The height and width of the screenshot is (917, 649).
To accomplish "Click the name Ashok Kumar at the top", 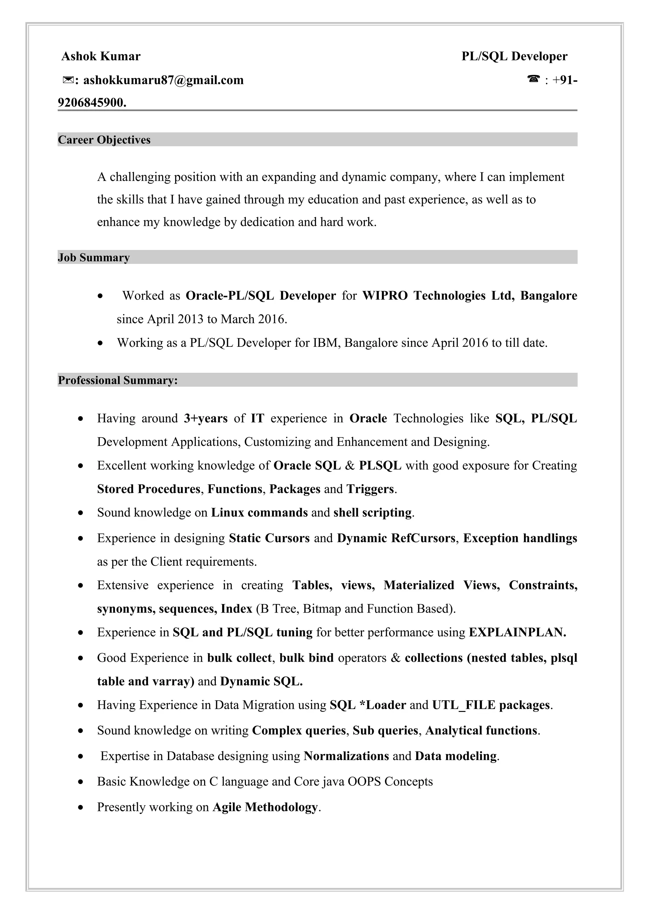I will coord(101,56).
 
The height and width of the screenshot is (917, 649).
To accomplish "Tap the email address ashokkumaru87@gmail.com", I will coord(163,80).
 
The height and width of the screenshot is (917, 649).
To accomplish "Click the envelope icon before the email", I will coord(68,80).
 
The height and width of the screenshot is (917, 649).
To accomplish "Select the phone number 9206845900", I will coord(92,103).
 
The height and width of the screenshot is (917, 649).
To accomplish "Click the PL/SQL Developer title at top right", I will coord(514,56).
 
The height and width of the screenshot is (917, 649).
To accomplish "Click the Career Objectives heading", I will coord(104,140).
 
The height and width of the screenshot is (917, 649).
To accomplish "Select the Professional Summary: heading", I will coord(118,380).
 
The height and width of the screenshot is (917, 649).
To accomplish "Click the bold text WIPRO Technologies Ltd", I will coord(438,296).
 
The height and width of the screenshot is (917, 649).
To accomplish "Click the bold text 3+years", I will coord(206,418).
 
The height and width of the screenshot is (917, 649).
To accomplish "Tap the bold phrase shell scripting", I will coord(372,512).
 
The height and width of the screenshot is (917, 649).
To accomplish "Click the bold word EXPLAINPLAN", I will coord(517,632).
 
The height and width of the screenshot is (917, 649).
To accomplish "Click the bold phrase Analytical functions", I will coord(481,731).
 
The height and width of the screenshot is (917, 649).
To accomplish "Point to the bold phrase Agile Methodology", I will coord(265,807).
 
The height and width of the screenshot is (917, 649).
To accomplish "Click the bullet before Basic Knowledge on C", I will coord(81,782).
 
